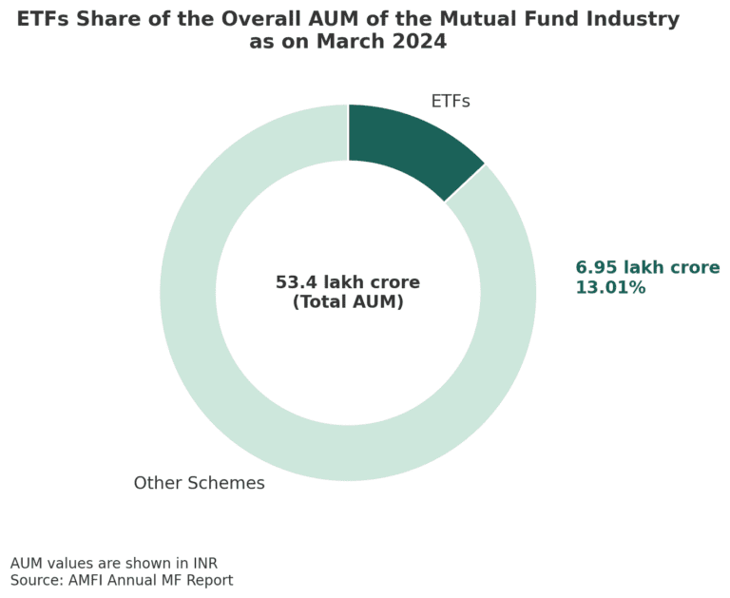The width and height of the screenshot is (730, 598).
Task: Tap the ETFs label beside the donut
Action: [450, 102]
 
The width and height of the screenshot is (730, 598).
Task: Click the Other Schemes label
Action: [199, 483]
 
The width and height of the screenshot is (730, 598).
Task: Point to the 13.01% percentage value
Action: [610, 288]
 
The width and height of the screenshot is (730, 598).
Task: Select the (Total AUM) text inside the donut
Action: [348, 302]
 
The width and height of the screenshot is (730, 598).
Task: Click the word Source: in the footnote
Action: [37, 580]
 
